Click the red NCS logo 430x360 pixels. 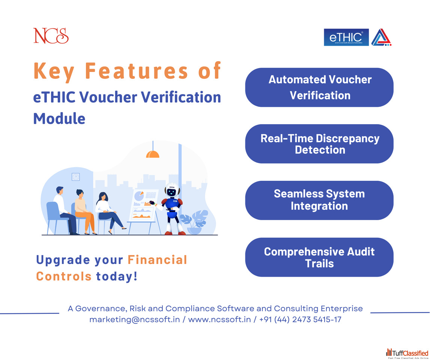51,36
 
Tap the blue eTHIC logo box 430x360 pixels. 346,37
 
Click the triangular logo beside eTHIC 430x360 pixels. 381,37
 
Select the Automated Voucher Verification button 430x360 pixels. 319,87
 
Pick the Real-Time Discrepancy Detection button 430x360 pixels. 319,144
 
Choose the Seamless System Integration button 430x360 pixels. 319,200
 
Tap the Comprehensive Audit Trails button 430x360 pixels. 319,257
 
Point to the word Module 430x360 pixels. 59,118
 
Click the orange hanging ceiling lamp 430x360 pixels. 153,154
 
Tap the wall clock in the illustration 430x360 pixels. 76,177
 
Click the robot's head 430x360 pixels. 172,190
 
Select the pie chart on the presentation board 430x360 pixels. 139,196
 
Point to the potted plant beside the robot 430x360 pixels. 194,222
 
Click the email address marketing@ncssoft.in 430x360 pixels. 135,319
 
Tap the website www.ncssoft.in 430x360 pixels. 220,319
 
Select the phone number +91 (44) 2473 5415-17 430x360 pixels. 300,319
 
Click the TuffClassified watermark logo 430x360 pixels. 407,353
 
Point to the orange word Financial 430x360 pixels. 158,260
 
